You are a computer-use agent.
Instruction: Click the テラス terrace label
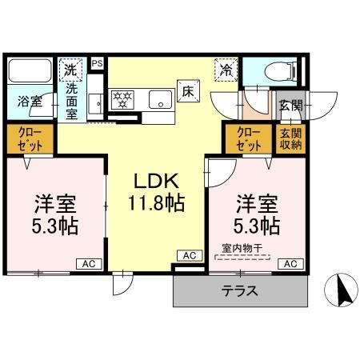pyautogui.click(x=240, y=291)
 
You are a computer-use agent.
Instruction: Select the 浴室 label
pyautogui.click(x=30, y=102)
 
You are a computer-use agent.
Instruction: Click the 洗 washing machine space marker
pyautogui.click(x=72, y=69)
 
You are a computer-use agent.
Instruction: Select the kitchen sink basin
pyautogui.click(x=161, y=100)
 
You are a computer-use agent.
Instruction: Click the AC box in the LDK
pyautogui.click(x=188, y=255)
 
